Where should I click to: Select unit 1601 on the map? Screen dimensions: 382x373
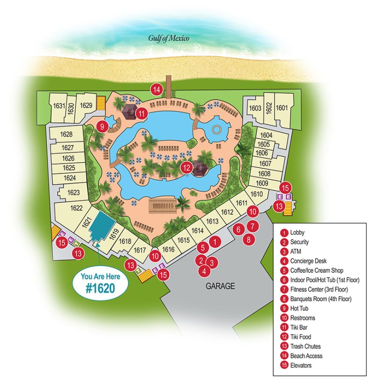(282, 108)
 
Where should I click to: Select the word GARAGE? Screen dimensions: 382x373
(221, 286)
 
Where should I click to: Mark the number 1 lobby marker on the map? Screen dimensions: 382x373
(214, 241)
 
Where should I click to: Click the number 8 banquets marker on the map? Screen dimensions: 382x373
(249, 240)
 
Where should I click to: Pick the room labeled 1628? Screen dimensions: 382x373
(67, 134)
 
